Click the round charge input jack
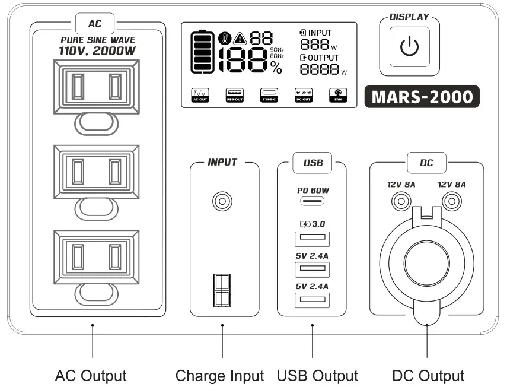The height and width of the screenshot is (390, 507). click(222, 202)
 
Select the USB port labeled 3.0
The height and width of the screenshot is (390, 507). click(312, 239)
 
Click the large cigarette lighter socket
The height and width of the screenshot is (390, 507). click(426, 259)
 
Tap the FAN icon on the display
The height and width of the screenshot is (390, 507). click(337, 95)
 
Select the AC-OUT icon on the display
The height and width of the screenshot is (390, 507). click(200, 95)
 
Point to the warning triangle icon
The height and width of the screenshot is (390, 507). click(240, 39)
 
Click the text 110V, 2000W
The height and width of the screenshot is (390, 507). click(97, 51)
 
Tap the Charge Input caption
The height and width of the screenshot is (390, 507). click(219, 376)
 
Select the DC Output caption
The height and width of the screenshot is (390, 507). click(428, 376)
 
